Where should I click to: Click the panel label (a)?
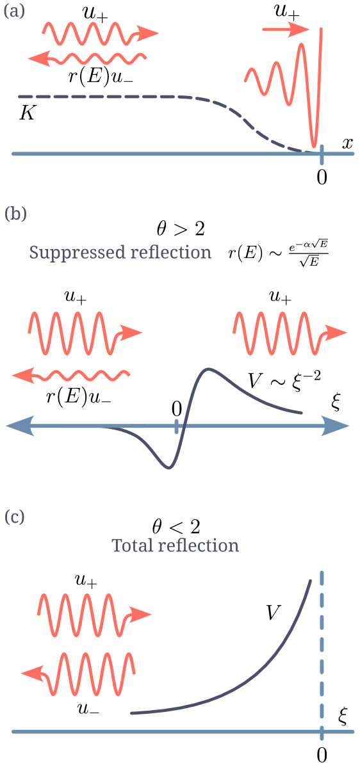click(x=14, y=12)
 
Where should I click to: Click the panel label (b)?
click(x=15, y=213)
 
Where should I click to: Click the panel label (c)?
click(x=15, y=517)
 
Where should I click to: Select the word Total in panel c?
click(x=133, y=546)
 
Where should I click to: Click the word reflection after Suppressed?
click(x=170, y=252)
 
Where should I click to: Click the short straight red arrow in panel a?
click(x=286, y=29)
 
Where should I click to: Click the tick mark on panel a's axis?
click(x=322, y=154)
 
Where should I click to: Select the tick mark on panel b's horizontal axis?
click(x=176, y=426)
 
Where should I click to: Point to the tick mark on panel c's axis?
click(x=322, y=731)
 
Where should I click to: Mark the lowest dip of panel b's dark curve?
click(x=168, y=468)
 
